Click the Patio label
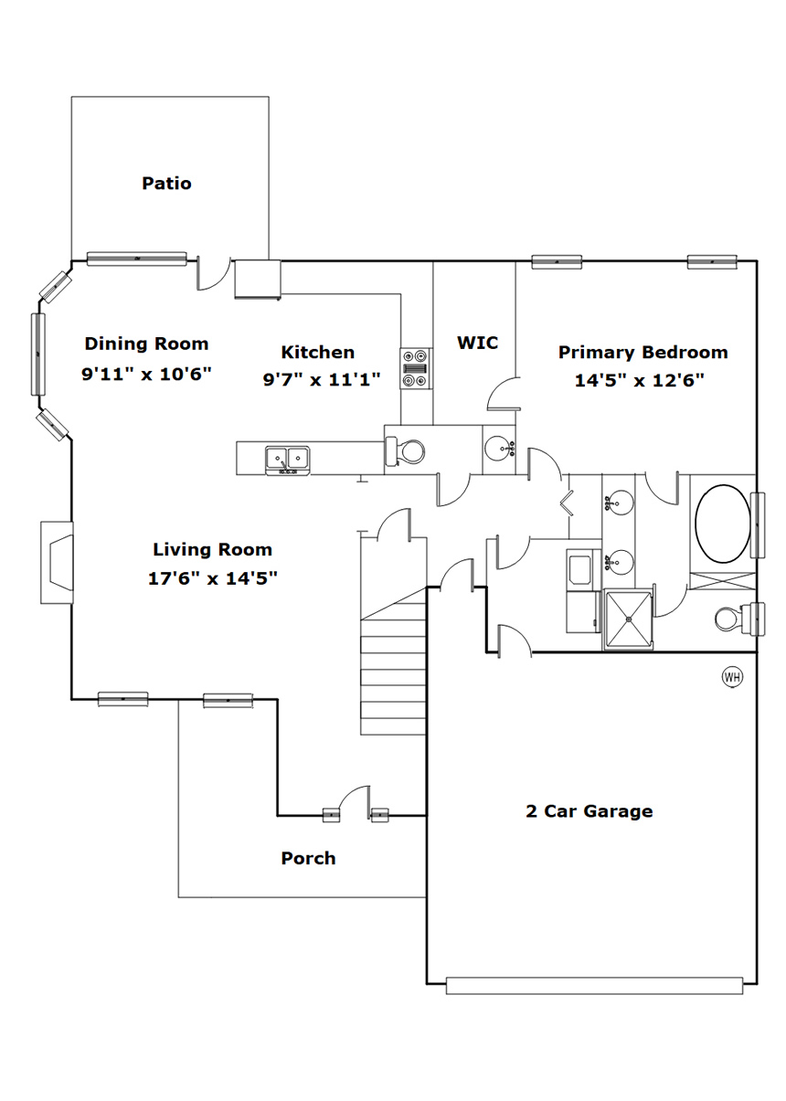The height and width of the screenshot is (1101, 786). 166,184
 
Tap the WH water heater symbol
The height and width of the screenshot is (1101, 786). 732,677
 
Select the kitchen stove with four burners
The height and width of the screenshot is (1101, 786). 417,368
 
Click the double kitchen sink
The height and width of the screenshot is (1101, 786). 288,461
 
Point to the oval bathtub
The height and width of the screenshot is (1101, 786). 722,524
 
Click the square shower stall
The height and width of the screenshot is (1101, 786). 628,619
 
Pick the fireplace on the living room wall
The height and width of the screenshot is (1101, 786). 57,562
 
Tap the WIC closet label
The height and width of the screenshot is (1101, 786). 477,343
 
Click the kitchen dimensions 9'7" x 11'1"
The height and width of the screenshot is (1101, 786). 322,379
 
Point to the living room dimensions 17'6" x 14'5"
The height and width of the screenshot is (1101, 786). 213,578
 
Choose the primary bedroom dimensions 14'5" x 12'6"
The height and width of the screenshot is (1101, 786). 640,380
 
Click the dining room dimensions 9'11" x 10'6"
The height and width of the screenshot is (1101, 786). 146,374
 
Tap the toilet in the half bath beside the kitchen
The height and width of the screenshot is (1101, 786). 405,451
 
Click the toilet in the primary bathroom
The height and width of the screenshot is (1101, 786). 739,619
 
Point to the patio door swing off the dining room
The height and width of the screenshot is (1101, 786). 214,273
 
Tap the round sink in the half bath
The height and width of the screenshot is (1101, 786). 499,448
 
